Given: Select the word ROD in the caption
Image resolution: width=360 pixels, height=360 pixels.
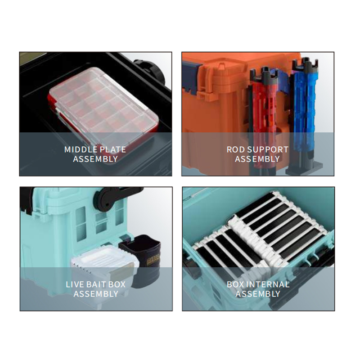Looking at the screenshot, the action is (x=235, y=149).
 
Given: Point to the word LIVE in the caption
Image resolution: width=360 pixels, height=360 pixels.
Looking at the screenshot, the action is (x=75, y=284).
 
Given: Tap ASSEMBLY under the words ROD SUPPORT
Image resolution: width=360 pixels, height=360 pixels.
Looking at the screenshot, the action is (x=257, y=159).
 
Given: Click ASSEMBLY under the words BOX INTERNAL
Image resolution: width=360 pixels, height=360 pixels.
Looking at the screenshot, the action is (x=258, y=294).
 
